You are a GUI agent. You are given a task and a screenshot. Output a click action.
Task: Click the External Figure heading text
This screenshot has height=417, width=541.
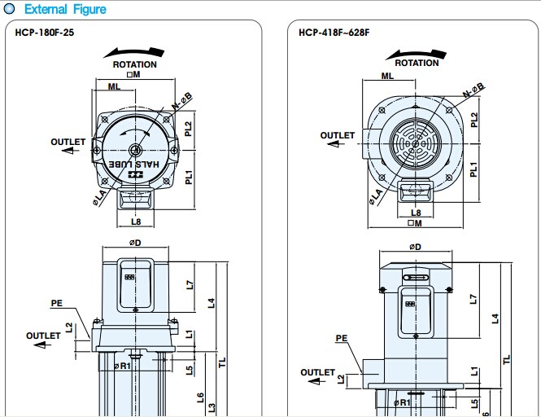tap(66, 10)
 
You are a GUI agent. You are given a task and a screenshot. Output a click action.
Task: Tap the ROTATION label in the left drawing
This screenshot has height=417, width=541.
tap(134, 64)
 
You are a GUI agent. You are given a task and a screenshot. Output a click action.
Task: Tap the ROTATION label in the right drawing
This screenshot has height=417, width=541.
tap(417, 63)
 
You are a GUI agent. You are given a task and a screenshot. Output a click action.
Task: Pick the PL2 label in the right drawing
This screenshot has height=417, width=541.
tap(473, 119)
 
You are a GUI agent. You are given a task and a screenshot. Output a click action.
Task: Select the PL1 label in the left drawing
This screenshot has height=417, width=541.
tap(188, 175)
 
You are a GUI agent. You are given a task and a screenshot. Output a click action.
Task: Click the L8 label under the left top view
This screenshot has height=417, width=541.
tap(136, 221)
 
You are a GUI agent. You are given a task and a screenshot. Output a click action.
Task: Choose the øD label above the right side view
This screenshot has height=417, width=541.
tap(415, 247)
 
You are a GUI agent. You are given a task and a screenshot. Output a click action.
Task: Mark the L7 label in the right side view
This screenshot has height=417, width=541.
tap(473, 299)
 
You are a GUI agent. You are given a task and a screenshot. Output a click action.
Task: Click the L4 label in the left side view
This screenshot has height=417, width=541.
tap(211, 303)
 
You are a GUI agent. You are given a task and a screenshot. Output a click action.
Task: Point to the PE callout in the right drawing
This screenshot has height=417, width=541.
tap(342, 338)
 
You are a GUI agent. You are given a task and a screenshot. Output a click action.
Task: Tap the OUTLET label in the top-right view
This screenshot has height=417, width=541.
tap(337, 135)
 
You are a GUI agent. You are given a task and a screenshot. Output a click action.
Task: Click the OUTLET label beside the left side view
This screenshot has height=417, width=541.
tap(43, 336)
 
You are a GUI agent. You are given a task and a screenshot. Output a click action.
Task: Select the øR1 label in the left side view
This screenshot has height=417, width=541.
tap(122, 366)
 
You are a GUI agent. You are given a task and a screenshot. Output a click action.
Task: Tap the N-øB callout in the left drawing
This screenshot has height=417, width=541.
tap(182, 102)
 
